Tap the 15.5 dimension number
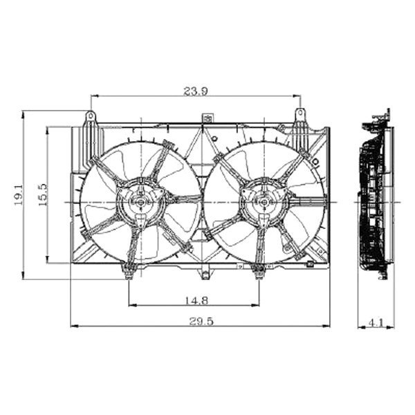[x=42, y=195]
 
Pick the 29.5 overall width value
[x=201, y=320]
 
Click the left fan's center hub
[x=139, y=202]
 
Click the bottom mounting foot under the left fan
[x=129, y=271]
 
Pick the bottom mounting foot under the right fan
[x=259, y=271]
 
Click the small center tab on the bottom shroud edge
[x=203, y=275]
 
